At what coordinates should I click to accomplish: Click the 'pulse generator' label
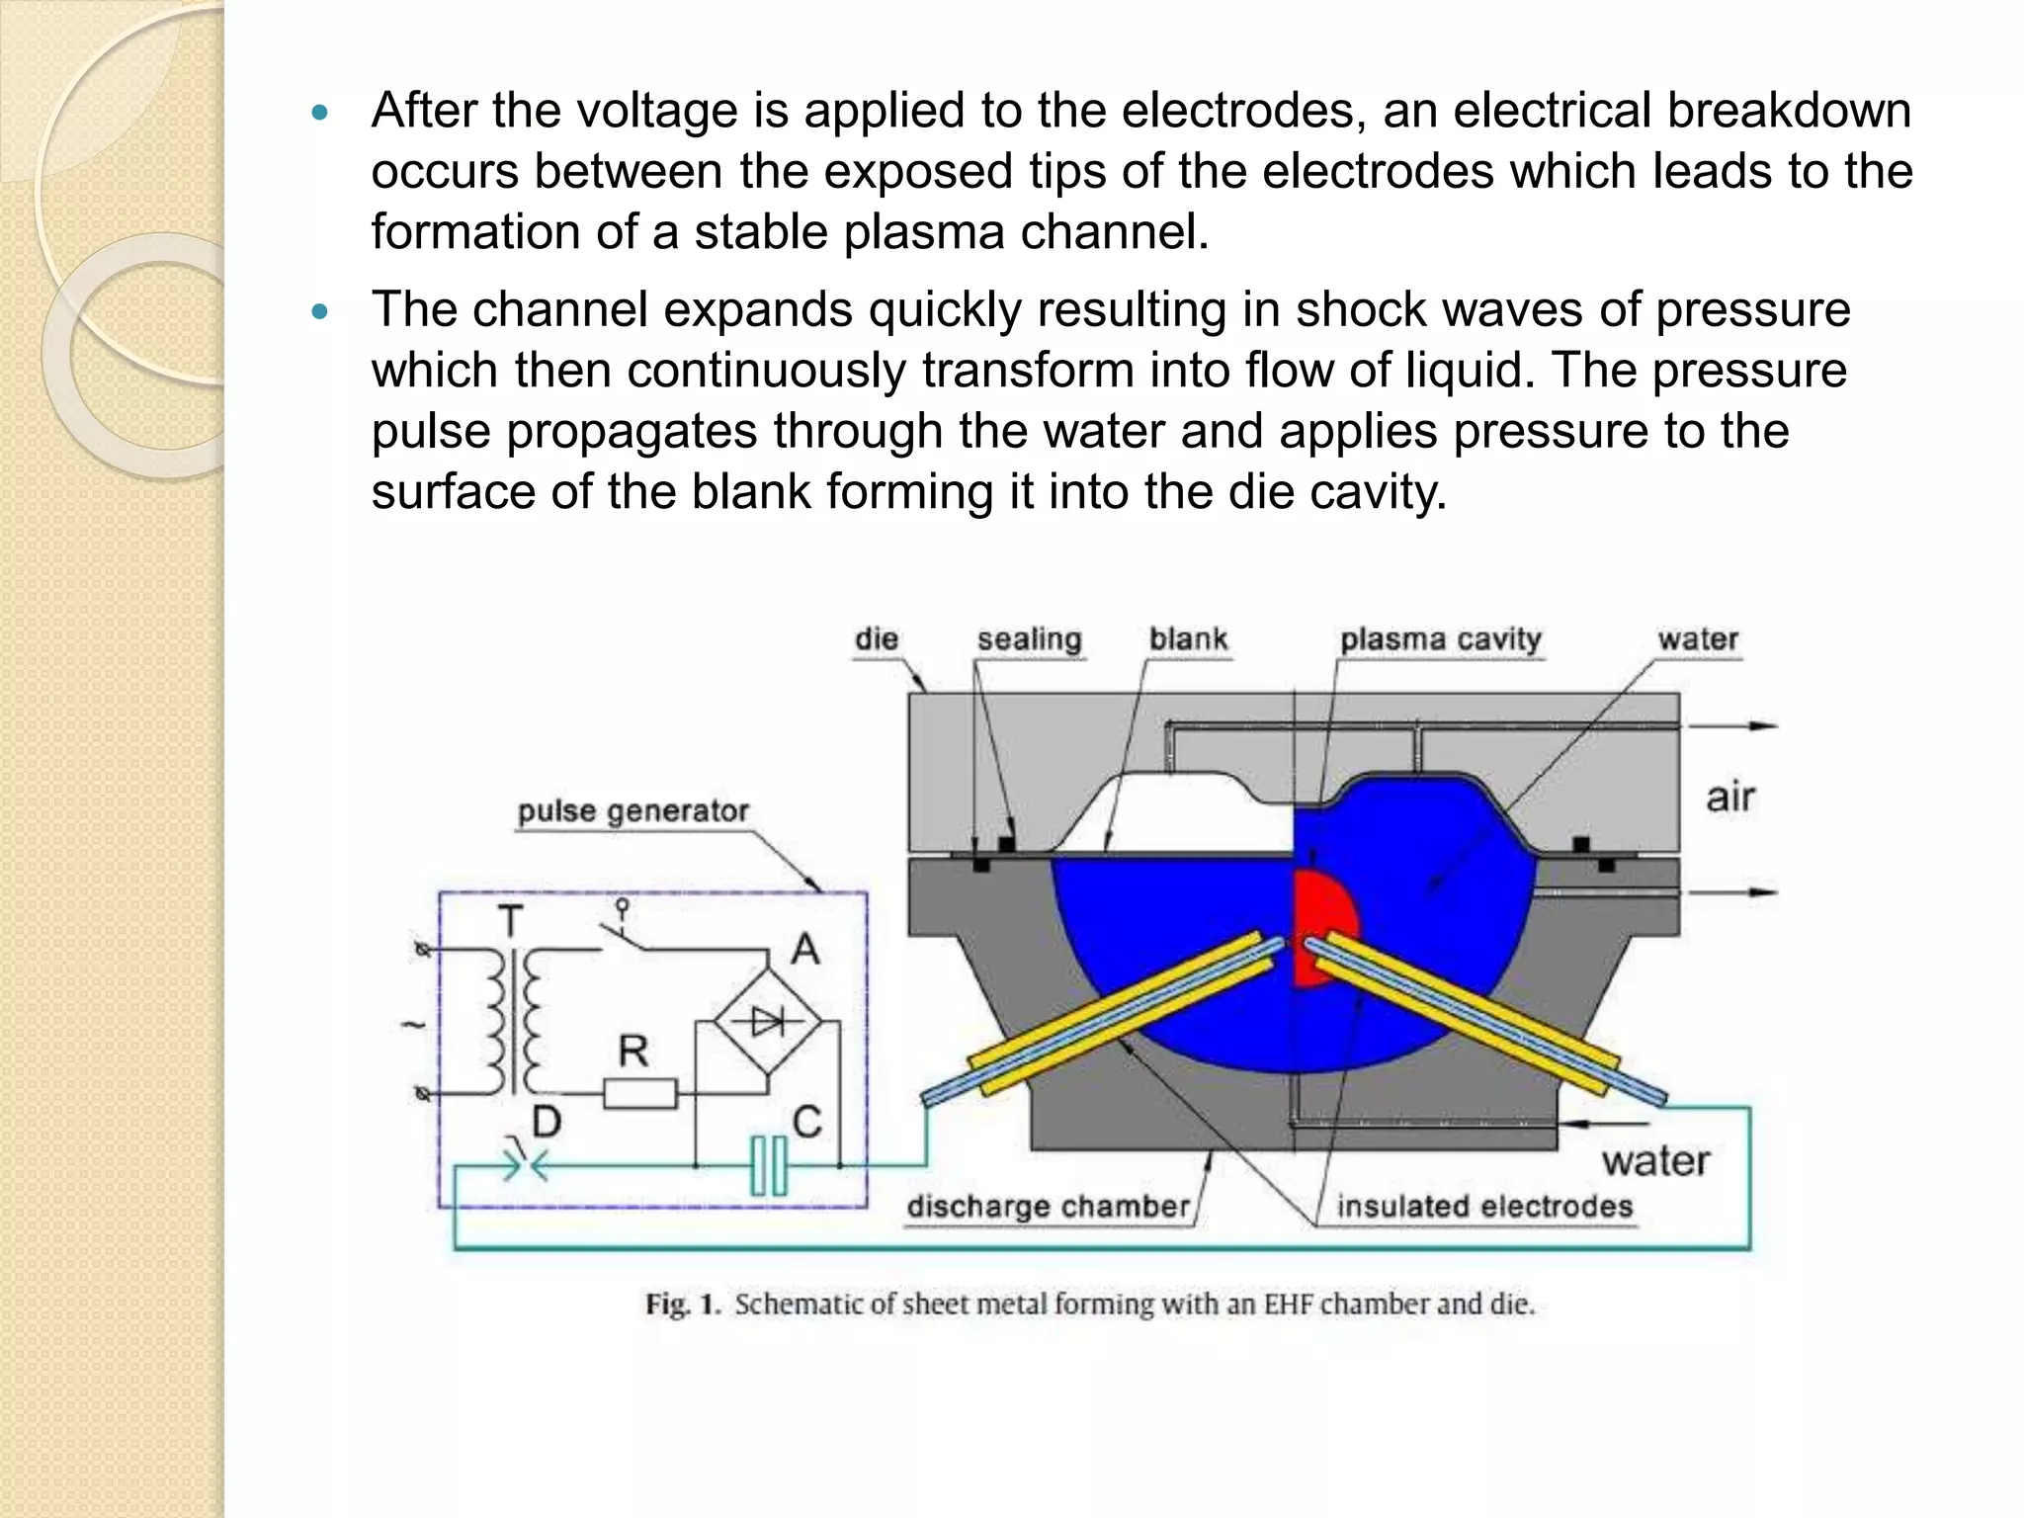[x=632, y=811]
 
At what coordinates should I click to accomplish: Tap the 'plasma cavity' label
[x=1440, y=639]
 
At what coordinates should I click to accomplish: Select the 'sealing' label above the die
[x=1029, y=639]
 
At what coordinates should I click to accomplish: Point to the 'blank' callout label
[x=1188, y=638]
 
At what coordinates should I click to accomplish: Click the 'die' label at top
[x=877, y=638]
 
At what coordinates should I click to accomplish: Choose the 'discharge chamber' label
[x=1049, y=1206]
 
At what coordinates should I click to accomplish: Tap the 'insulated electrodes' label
[x=1484, y=1206]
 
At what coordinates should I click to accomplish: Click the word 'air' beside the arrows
[x=1729, y=797]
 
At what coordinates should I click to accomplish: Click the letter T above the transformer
[x=510, y=921]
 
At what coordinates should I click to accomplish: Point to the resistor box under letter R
[x=639, y=1094]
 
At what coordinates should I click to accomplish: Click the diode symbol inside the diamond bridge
[x=769, y=1022]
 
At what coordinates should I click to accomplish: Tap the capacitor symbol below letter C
[x=769, y=1165]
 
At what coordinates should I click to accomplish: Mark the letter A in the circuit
[x=805, y=950]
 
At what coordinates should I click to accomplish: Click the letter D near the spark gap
[x=547, y=1122]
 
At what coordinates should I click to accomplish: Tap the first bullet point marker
[x=318, y=114]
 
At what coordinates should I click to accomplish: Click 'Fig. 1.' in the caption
[x=681, y=1305]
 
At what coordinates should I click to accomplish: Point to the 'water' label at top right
[x=1698, y=638]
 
